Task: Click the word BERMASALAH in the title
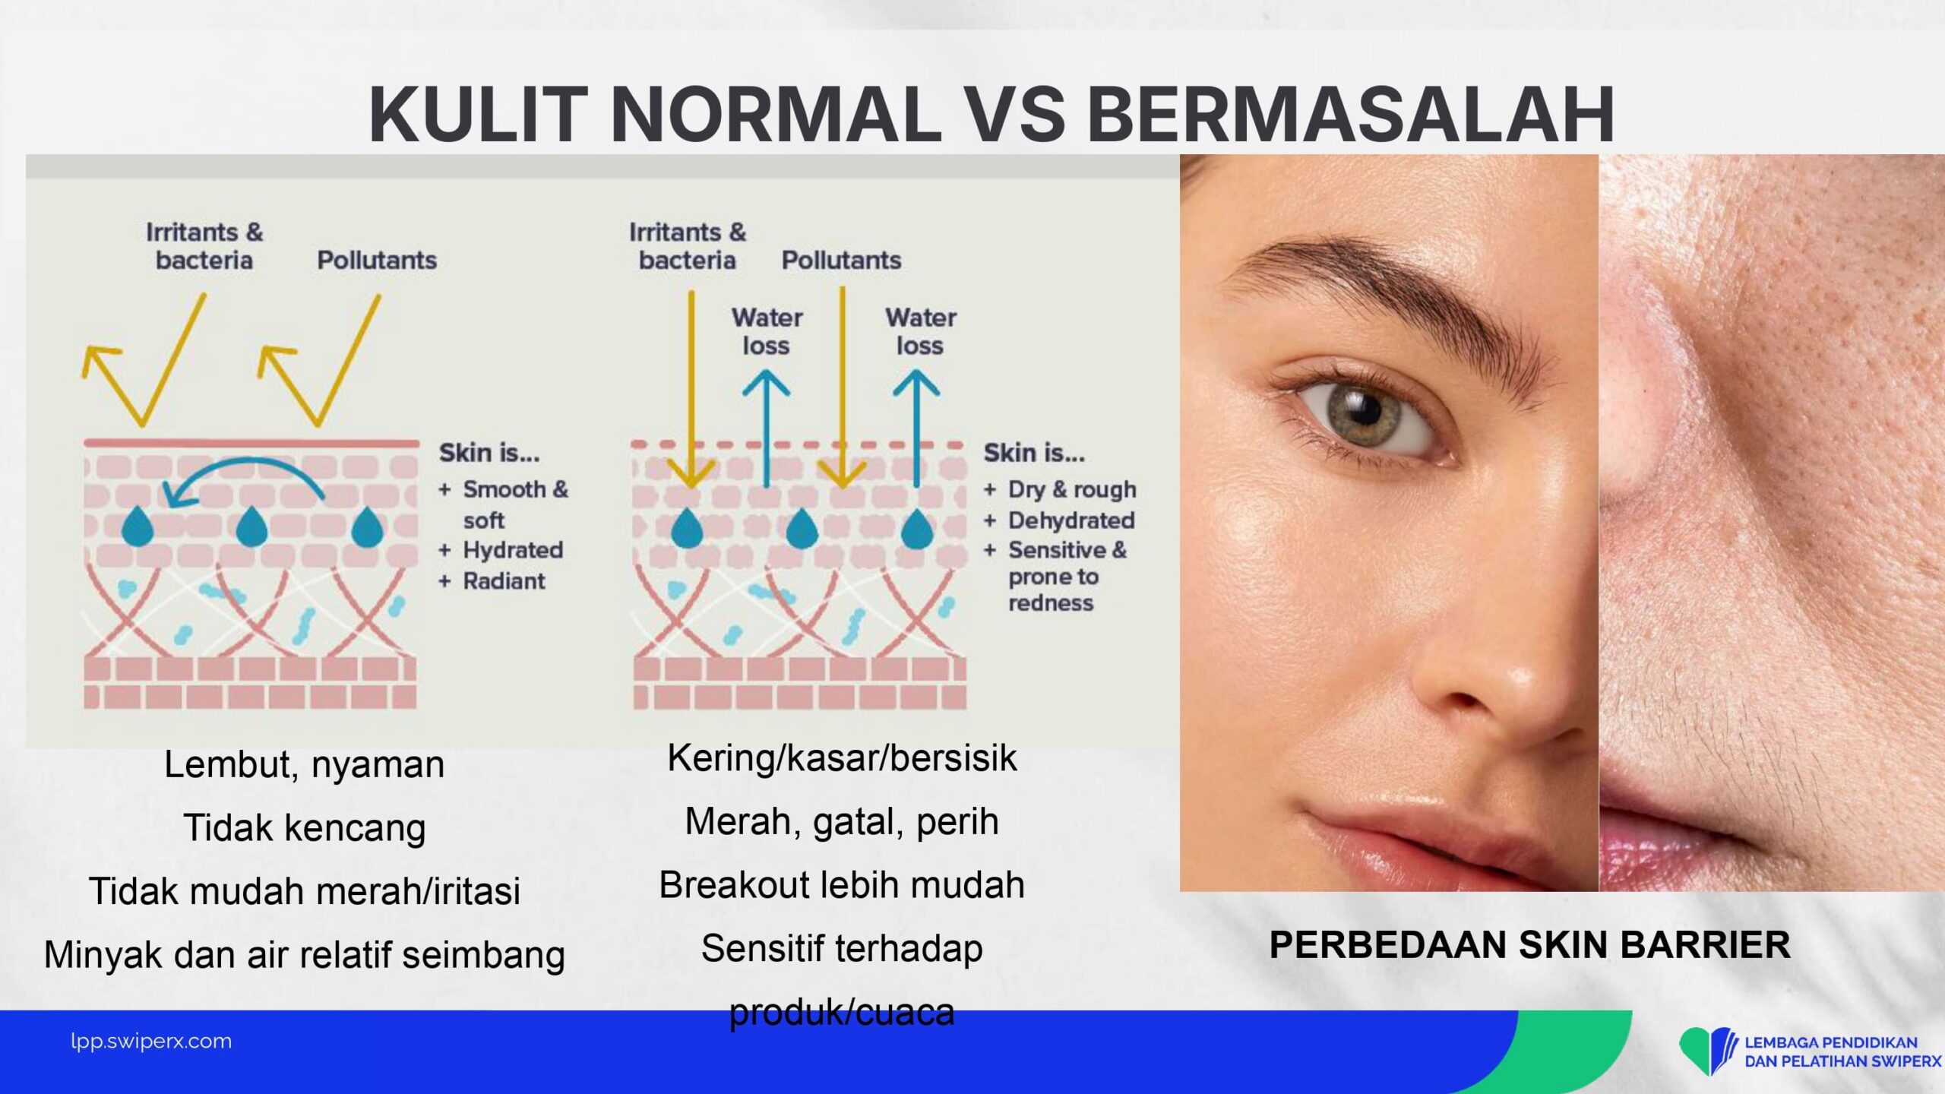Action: [1351, 114]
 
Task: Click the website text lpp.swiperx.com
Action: [151, 1042]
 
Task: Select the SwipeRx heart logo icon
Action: [1708, 1051]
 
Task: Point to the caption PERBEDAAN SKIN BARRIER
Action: [1529, 945]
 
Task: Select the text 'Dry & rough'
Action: [1072, 490]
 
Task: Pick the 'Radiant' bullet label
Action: [504, 581]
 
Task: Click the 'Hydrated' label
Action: [513, 550]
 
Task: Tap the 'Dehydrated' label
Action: [1071, 520]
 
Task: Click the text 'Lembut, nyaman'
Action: [304, 764]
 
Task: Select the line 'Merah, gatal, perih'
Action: [842, 822]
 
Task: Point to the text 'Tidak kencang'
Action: [304, 827]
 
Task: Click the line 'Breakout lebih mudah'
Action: [842, 885]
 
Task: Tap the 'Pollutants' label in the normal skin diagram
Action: [377, 261]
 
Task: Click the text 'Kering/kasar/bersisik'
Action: [842, 758]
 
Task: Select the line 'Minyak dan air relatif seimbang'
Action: [304, 955]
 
